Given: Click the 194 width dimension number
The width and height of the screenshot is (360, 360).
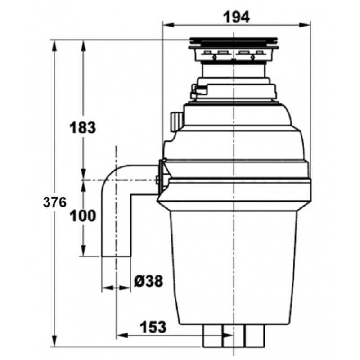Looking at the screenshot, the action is tap(236, 17).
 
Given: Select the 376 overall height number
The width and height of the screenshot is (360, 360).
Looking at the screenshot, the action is tap(54, 202).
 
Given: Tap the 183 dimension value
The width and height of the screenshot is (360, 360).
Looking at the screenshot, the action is tap(83, 128).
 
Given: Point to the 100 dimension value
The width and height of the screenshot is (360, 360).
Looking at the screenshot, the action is tap(83, 216).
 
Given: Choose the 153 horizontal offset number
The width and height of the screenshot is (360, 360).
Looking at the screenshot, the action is tap(153, 327).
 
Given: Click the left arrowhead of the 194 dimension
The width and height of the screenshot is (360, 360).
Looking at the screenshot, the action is tap(168, 25).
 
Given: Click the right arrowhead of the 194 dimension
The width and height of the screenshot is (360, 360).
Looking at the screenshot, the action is tap(305, 25).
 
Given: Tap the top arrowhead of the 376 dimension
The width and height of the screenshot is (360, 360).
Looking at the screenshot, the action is tap(54, 46).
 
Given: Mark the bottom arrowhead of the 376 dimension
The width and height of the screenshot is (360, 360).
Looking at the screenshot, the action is tap(54, 341).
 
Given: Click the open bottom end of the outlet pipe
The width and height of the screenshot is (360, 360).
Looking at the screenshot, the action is tap(116, 256).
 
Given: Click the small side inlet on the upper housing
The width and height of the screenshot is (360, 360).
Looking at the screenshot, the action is tap(177, 121).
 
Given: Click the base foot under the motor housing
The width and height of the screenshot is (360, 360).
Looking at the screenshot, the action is tap(234, 335).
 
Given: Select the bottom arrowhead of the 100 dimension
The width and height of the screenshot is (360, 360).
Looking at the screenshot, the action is tap(83, 251).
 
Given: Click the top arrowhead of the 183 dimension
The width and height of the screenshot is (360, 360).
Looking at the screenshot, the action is tap(83, 46).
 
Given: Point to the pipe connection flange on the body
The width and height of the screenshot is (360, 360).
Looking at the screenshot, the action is tap(162, 176).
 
